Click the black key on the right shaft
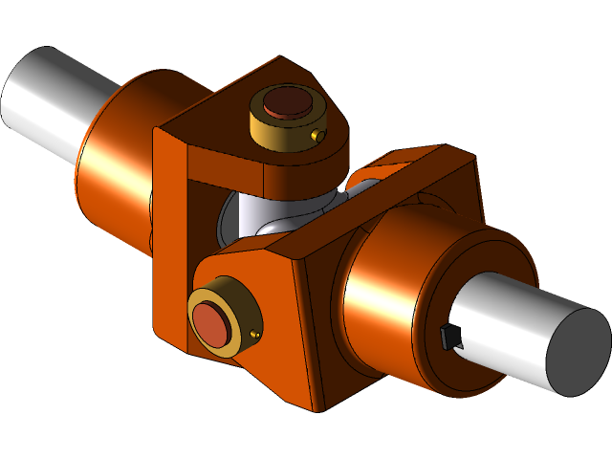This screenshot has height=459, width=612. click(x=448, y=337)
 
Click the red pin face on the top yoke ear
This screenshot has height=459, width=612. click(x=285, y=104)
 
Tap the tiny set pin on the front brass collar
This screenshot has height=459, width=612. click(x=253, y=334)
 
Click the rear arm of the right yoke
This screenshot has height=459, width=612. click(x=421, y=167)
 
